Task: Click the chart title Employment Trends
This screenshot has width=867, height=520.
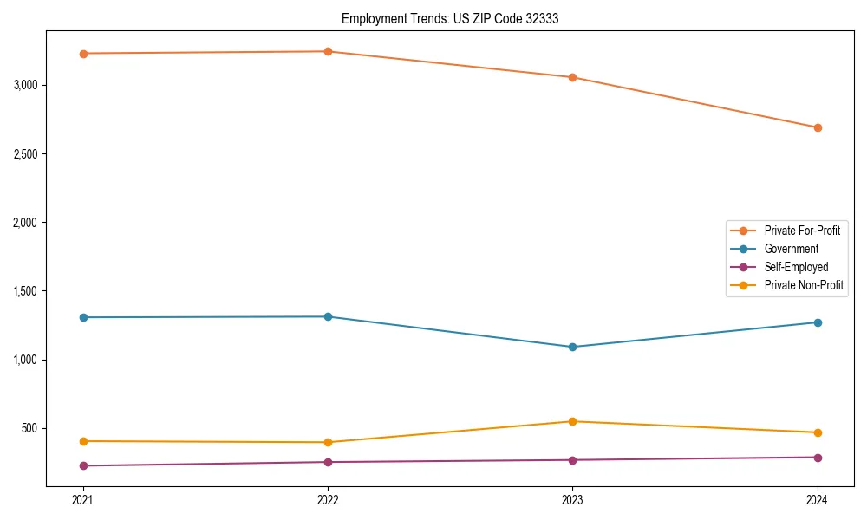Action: tap(449, 18)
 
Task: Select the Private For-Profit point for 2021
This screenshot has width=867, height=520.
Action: tap(83, 54)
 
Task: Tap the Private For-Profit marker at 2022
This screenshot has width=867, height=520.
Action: tap(328, 52)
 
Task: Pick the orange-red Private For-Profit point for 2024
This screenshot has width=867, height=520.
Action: tap(818, 127)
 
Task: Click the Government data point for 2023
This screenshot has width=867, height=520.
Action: tap(572, 347)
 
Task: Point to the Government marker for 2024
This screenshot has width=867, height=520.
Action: tap(818, 322)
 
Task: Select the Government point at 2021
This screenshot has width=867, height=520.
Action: tap(83, 317)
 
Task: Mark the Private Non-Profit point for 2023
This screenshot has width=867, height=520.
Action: tap(572, 422)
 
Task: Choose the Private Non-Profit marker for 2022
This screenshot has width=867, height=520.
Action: tap(328, 442)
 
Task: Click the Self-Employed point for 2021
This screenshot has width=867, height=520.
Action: tap(83, 466)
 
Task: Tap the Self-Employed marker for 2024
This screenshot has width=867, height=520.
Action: tap(818, 458)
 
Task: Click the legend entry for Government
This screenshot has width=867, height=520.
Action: tap(791, 249)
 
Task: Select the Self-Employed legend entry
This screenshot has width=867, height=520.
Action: tap(796, 267)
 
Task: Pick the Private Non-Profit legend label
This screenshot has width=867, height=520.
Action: tap(804, 285)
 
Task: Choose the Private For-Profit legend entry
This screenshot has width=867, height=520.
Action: tap(801, 231)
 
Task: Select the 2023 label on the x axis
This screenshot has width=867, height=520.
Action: tap(572, 500)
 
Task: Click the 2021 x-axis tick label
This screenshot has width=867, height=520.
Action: tap(83, 500)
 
